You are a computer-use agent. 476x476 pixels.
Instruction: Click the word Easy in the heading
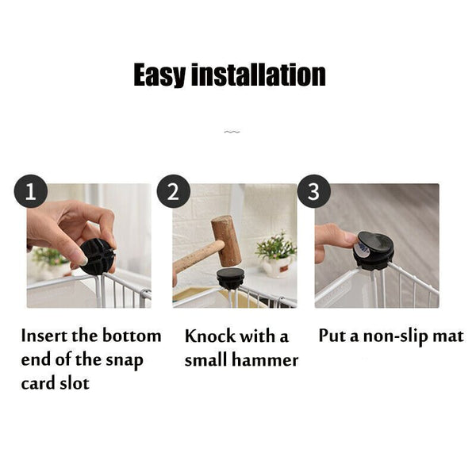tap(159, 75)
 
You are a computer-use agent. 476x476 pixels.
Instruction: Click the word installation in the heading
tap(259, 75)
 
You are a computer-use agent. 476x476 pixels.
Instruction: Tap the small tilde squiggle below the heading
tap(232, 132)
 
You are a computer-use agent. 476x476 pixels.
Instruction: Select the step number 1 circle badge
tap(31, 191)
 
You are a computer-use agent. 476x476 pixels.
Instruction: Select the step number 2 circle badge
tap(173, 191)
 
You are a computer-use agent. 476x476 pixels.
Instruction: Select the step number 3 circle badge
tap(313, 191)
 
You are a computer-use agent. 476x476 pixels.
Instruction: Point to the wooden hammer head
tap(226, 240)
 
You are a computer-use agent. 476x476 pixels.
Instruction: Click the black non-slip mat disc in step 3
tap(375, 247)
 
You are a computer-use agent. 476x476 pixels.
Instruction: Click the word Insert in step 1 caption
tap(44, 336)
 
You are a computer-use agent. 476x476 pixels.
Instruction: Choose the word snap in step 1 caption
tap(125, 361)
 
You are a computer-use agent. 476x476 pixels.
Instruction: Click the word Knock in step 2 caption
tap(210, 336)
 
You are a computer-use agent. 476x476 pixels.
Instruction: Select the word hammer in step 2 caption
tap(265, 359)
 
